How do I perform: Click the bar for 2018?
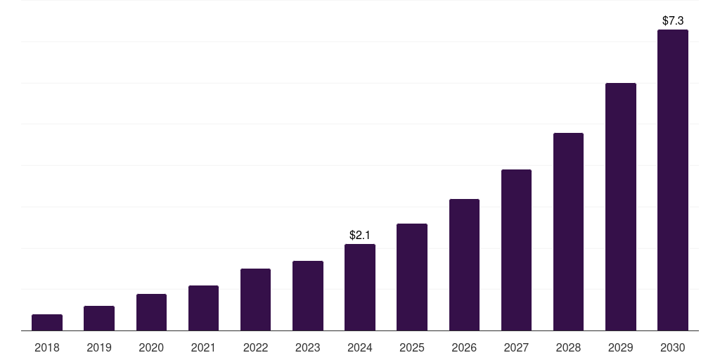click(47, 323)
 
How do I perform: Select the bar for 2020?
click(151, 312)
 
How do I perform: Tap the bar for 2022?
click(255, 300)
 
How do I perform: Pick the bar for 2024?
click(360, 288)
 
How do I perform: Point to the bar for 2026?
click(464, 265)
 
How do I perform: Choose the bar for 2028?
click(568, 232)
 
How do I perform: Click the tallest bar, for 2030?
click(673, 180)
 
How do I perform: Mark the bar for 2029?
click(621, 207)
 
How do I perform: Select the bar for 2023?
click(308, 296)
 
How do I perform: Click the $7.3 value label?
click(673, 21)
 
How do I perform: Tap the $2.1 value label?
click(360, 235)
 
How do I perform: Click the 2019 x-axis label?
click(99, 347)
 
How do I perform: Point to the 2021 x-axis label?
click(203, 347)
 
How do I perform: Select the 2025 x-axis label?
click(412, 347)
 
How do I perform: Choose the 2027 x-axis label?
click(516, 347)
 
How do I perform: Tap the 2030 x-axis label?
click(673, 347)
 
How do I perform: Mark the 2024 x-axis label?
click(360, 347)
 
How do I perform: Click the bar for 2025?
click(412, 277)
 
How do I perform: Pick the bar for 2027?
click(516, 250)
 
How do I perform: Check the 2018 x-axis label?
click(47, 347)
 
